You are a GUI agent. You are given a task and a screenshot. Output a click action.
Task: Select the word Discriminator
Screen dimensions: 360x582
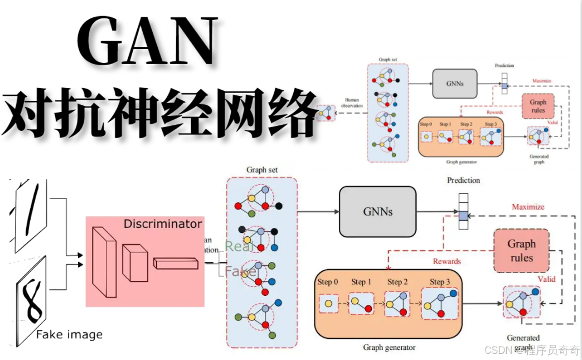[x=163, y=224]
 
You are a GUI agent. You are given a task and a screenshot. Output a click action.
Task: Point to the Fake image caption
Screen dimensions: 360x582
[x=69, y=334]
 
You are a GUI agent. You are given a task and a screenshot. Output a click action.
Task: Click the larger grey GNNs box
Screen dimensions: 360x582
[x=377, y=211]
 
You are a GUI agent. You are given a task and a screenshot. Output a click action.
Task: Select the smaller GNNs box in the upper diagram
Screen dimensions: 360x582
[x=455, y=84]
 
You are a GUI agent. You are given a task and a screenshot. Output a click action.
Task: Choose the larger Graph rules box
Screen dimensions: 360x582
[x=521, y=251]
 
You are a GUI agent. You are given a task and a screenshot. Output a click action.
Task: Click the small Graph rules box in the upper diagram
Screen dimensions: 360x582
[x=537, y=106]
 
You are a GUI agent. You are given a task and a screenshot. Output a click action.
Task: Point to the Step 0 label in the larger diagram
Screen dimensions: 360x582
[x=328, y=282]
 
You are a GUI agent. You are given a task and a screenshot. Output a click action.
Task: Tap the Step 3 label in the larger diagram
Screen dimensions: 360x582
[x=440, y=282]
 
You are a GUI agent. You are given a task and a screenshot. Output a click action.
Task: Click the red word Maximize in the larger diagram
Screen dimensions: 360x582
[x=528, y=207]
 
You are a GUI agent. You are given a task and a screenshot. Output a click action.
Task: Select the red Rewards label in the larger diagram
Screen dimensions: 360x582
[x=447, y=261]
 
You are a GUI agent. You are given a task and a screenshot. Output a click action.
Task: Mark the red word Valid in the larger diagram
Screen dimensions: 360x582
[x=546, y=279]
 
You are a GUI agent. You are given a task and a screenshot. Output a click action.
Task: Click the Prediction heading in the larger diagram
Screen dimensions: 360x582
[x=463, y=181]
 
